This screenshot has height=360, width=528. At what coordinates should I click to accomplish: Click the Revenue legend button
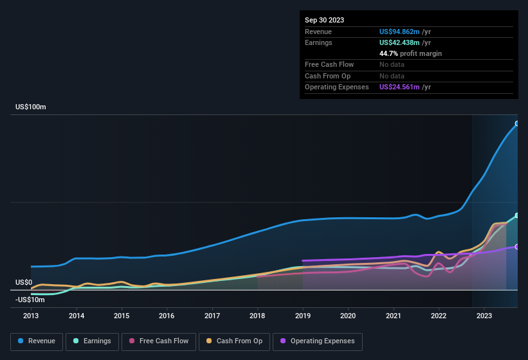pos(37,341)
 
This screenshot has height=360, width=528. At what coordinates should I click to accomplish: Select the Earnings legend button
pos(92,341)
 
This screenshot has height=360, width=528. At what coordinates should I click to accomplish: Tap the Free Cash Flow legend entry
pos(159,341)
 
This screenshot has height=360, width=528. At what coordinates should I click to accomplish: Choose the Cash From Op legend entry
pos(235,341)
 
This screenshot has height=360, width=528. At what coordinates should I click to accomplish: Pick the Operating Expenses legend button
pos(318,341)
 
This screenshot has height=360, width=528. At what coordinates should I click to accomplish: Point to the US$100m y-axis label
pos(31,107)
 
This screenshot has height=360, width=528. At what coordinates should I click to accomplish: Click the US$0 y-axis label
pos(24,282)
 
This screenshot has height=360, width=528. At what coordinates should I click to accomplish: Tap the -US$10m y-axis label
pos(30,300)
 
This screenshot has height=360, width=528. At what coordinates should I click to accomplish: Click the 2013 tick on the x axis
pos(31,316)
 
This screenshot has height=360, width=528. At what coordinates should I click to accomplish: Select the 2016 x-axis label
pos(167,316)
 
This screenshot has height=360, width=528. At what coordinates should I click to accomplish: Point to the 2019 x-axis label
pos(302,316)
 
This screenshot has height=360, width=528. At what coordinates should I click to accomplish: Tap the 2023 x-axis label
pos(484,316)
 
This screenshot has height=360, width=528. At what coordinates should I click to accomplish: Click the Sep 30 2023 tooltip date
pos(324,20)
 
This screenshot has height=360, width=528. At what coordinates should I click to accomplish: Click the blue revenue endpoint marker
pos(517,123)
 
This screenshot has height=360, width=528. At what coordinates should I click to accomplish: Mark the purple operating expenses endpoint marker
pos(517,246)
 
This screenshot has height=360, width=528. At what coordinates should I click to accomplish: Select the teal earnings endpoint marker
pos(517,215)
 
